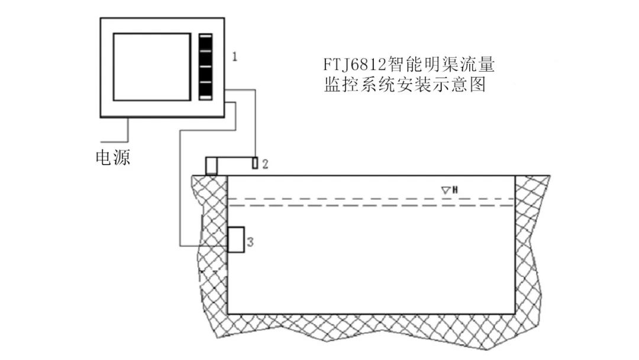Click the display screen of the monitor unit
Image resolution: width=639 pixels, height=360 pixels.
tap(151, 67)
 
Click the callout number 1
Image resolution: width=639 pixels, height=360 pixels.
tap(235, 57)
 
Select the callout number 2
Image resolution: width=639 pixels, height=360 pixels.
tap(265, 163)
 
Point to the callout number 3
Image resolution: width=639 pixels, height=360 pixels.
tap(250, 242)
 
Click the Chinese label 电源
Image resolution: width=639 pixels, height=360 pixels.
tap(113, 157)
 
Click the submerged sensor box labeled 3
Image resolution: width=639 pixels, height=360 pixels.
tap(237, 240)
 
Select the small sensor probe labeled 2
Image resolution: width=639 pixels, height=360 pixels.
tap(255, 163)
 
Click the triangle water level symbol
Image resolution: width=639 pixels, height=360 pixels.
tap(446, 190)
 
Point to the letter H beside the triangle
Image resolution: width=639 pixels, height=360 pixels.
tap(456, 190)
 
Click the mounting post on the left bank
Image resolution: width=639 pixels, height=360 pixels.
tap(211, 166)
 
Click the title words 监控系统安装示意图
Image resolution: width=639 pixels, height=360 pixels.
tap(405, 85)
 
